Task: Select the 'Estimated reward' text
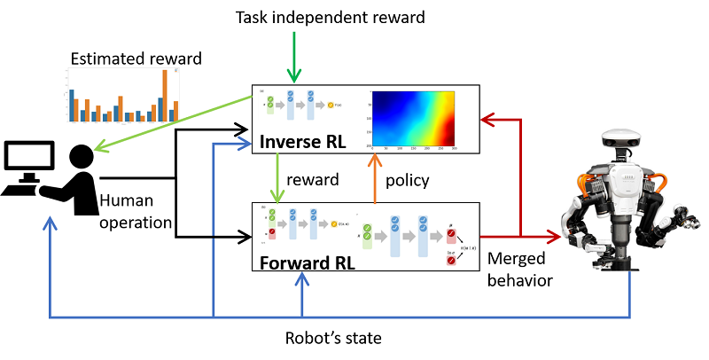[136, 59]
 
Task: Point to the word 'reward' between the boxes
[316, 180]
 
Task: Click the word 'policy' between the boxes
[409, 180]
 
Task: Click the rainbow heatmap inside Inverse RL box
[413, 118]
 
